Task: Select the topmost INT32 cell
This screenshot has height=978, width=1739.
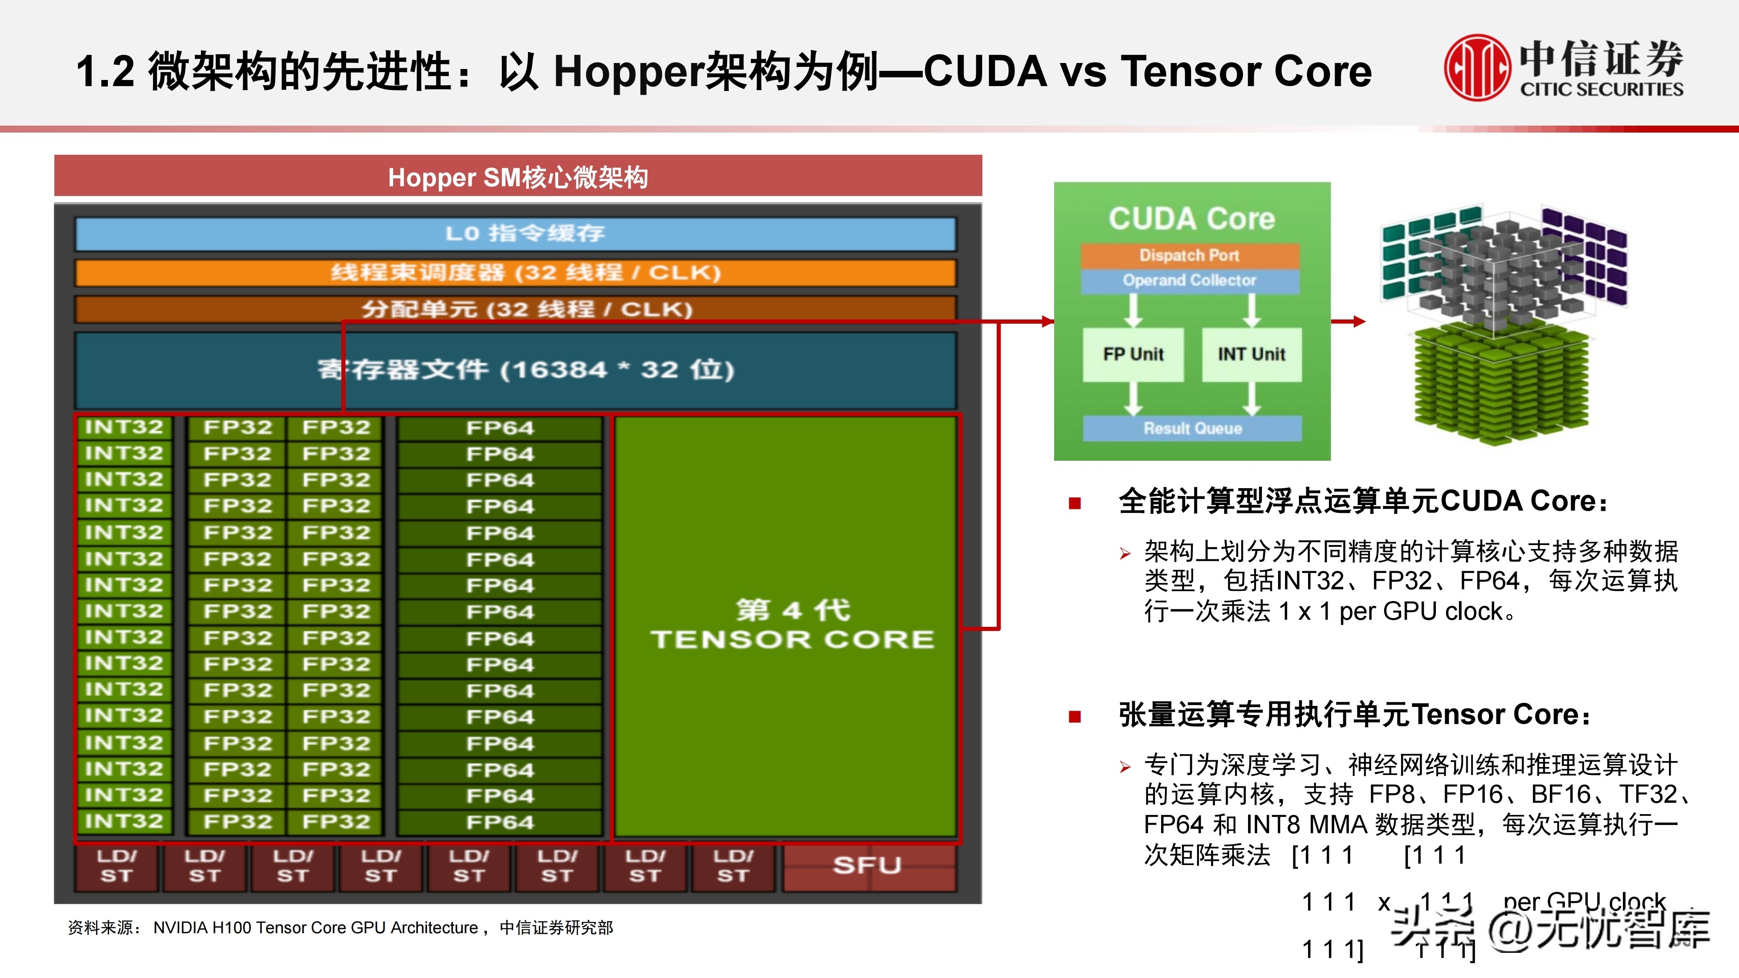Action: click(x=124, y=427)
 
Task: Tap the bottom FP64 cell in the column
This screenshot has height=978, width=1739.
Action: click(x=500, y=822)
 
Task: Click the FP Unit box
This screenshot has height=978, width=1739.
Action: click(x=1133, y=354)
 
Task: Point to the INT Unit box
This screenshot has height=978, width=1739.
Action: click(x=1251, y=354)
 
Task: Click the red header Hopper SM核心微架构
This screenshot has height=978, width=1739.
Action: click(x=518, y=177)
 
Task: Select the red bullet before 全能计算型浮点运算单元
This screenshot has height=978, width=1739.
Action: click(x=1075, y=503)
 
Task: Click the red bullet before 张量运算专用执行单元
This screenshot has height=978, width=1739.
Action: click(x=1075, y=716)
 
